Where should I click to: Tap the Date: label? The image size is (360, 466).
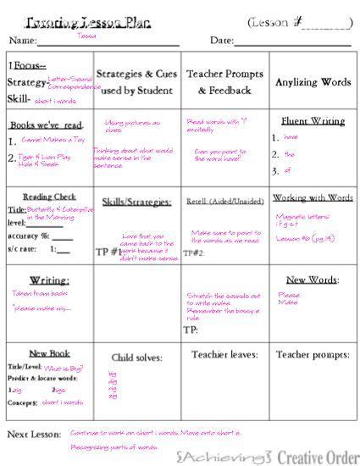(x=221, y=40)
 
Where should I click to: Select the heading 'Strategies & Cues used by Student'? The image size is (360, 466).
(x=136, y=81)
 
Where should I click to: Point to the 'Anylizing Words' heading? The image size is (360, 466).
(x=313, y=82)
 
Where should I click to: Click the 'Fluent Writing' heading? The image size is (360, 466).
(x=312, y=121)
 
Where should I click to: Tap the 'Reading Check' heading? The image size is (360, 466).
(x=49, y=197)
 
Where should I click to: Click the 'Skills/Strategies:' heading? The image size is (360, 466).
(x=136, y=202)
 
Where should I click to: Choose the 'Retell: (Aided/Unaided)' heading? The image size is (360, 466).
(x=224, y=202)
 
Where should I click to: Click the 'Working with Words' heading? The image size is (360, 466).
(x=313, y=197)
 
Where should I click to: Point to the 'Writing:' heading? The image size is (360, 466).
(x=49, y=280)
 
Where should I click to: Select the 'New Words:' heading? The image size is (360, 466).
(x=313, y=280)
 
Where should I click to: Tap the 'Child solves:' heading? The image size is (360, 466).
(x=136, y=357)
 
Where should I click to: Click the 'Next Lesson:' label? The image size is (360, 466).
(x=34, y=434)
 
